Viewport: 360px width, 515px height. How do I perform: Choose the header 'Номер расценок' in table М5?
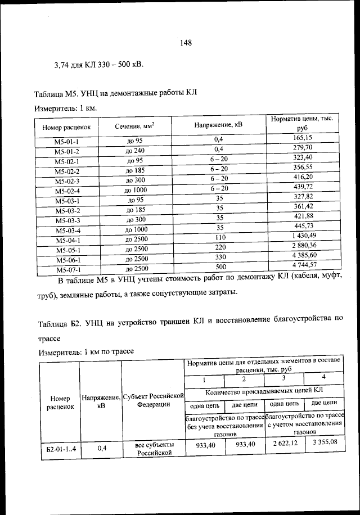point(67,128)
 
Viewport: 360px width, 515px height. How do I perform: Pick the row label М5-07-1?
point(67,269)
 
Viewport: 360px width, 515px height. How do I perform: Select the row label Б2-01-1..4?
point(60,449)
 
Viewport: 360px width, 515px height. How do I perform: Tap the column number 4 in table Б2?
point(323,376)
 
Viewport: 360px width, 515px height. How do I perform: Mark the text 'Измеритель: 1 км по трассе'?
point(85,351)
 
